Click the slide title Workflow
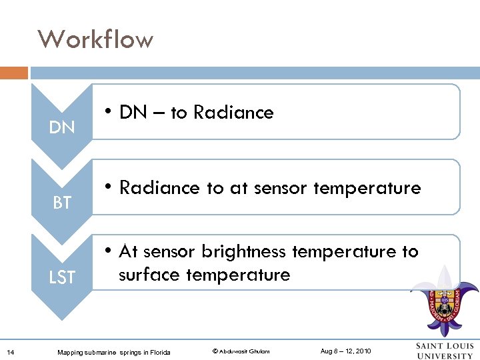click(95, 39)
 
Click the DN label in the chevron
click(62, 127)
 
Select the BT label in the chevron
click(62, 203)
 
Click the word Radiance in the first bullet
click(233, 113)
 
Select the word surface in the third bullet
click(149, 275)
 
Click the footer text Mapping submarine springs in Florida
click(113, 352)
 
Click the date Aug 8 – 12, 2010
click(345, 351)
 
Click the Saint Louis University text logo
click(445, 351)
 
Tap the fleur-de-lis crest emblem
click(444, 300)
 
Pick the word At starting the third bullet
click(129, 252)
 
